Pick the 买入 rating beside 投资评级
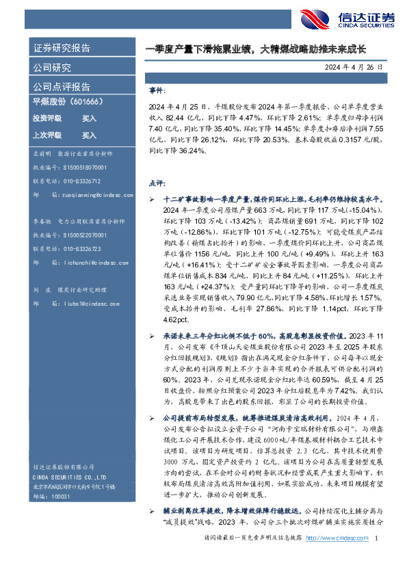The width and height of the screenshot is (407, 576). coord(89,118)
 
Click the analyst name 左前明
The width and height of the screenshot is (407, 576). coord(43,155)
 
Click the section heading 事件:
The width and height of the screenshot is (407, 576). coord(157,90)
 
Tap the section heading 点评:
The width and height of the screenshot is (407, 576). coord(157,183)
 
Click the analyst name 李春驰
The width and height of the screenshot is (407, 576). coord(43,222)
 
